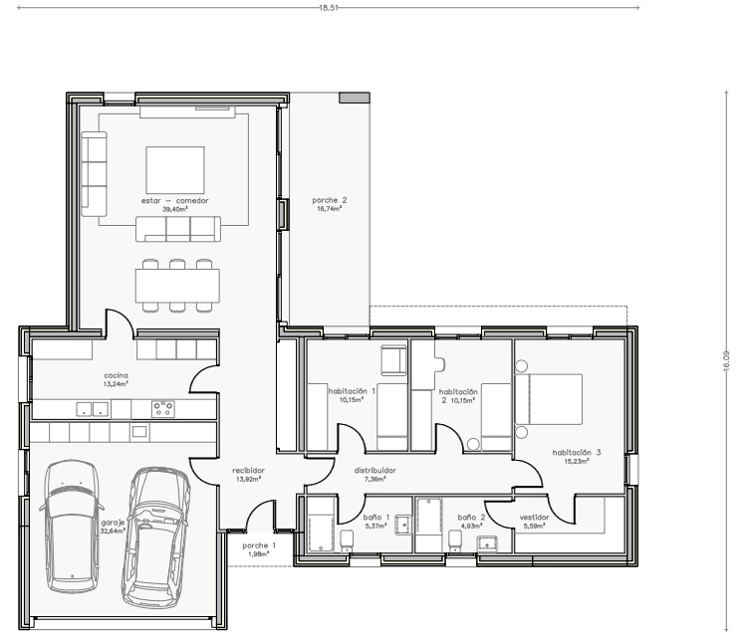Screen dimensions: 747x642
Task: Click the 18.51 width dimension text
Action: click(329, 8)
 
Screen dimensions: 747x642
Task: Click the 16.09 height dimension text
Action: click(726, 360)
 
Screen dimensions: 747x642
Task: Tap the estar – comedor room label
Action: click(175, 200)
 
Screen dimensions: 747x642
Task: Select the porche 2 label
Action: click(330, 200)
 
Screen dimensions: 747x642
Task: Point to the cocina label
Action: click(116, 375)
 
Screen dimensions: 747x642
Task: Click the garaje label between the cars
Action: click(113, 523)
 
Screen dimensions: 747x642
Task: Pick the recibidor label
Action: click(248, 471)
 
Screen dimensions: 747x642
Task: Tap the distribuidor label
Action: click(374, 471)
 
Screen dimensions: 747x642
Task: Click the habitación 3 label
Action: click(577, 453)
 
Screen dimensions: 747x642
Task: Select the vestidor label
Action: click(534, 518)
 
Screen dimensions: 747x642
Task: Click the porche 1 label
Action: click(259, 545)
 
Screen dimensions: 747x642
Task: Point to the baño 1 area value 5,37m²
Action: click(375, 526)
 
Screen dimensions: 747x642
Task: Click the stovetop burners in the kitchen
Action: click(163, 409)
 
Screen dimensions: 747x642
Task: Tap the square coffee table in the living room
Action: click(175, 170)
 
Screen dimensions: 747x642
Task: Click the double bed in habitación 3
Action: click(549, 399)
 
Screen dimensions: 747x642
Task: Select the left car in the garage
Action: click(72, 527)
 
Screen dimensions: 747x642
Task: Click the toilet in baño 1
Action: click(347, 540)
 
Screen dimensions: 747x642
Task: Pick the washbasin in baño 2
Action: click(487, 542)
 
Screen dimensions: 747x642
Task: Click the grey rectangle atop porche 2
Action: click(355, 98)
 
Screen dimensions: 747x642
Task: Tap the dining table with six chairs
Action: click(177, 286)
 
